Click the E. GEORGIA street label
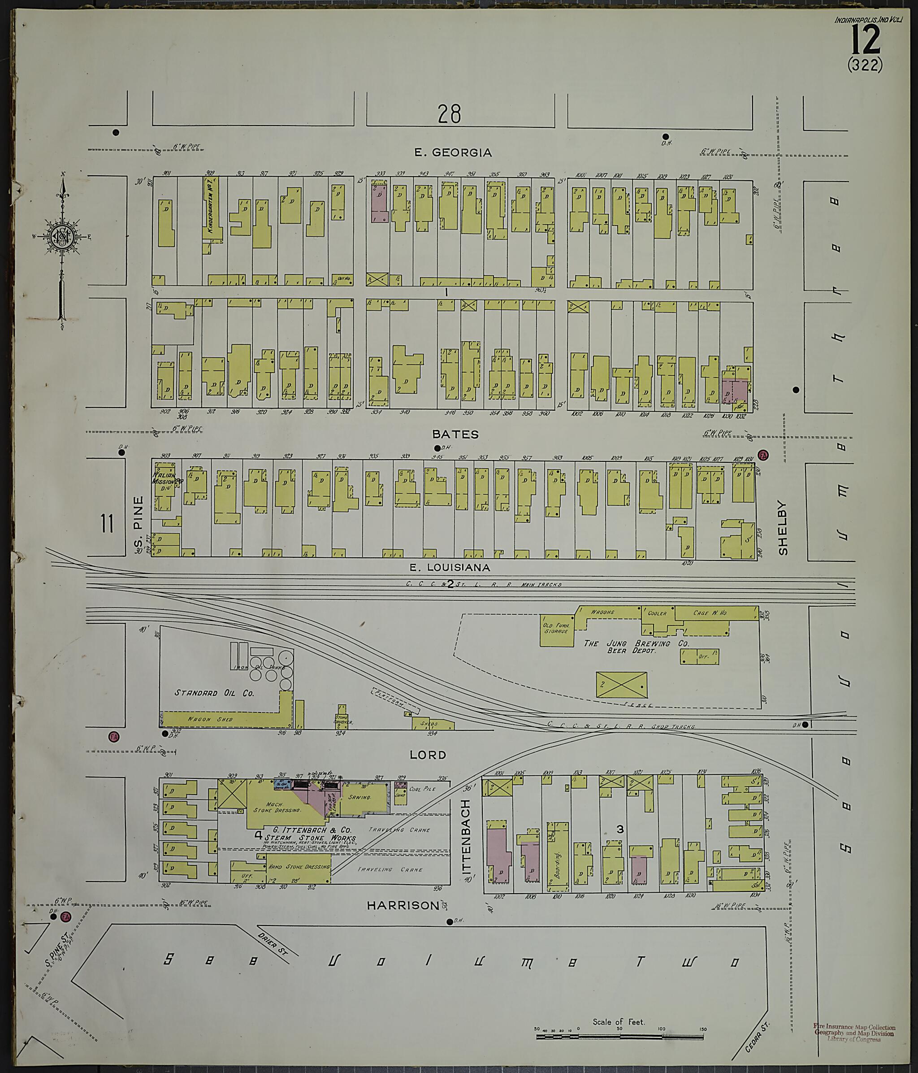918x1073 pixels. (453, 152)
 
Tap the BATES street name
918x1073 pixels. (455, 434)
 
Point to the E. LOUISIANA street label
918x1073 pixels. (450, 567)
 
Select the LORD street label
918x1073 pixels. (428, 755)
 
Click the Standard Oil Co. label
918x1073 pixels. (214, 692)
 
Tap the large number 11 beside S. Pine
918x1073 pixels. (107, 524)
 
